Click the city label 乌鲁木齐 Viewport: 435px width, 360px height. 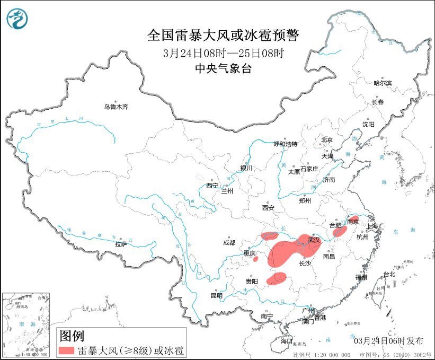point(116,107)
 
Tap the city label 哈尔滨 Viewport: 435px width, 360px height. point(382,83)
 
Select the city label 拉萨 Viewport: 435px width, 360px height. point(121,244)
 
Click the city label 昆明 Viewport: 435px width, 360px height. point(217,295)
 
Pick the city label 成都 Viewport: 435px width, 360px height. point(229,243)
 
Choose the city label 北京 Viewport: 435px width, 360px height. point(326,140)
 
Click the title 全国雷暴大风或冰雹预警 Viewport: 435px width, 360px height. point(223,36)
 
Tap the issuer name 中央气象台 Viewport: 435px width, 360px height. point(223,68)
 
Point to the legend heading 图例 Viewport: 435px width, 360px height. point(72,336)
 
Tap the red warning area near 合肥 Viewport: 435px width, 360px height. point(340,231)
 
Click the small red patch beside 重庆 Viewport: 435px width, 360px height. point(255,259)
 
